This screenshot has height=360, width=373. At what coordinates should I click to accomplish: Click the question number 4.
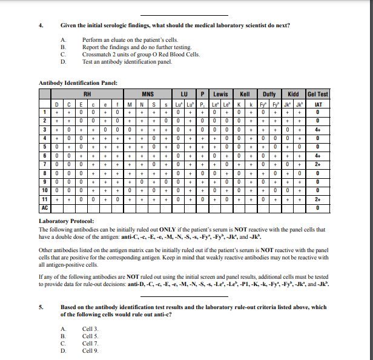coord(41,25)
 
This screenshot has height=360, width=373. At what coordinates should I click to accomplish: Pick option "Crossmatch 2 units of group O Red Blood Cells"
coord(140,54)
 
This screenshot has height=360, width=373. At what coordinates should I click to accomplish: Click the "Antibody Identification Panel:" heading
coord(78,82)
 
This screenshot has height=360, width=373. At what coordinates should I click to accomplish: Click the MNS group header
coord(146,94)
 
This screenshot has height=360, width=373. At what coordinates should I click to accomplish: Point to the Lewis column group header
coord(220,94)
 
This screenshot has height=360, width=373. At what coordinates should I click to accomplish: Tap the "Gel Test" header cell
coord(317,94)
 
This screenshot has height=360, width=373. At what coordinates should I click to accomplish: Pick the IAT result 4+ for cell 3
coord(317,129)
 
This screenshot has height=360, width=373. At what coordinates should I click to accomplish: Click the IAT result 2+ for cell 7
coord(317,164)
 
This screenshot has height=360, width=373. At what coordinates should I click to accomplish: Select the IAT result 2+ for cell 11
coord(317,198)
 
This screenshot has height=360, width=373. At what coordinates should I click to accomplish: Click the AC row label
coord(44,207)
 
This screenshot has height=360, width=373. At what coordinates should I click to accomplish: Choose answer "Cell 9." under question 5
coord(91,351)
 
